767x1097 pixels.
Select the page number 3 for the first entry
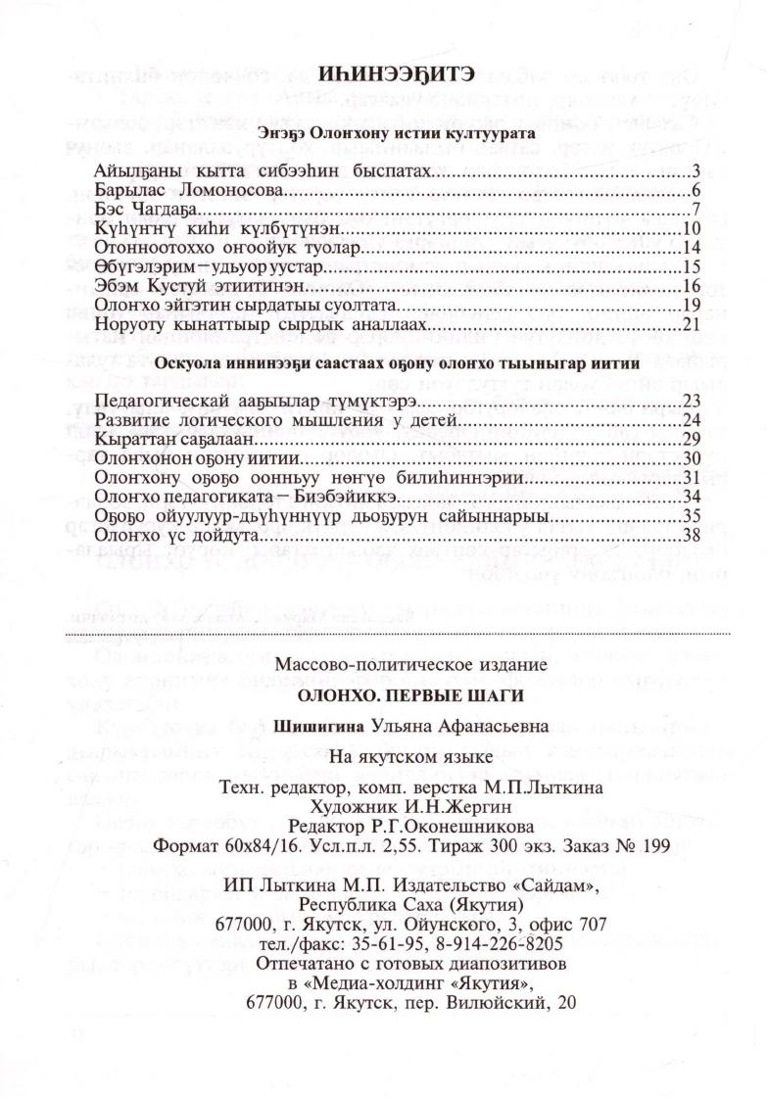pyautogui.click(x=693, y=172)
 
